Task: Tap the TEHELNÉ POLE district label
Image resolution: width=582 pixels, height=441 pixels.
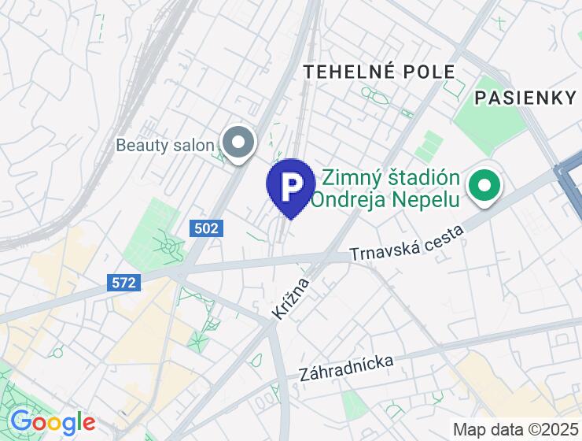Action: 380,72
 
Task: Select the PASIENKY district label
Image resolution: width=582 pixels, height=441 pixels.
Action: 525,98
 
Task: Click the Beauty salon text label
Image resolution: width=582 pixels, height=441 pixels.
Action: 164,145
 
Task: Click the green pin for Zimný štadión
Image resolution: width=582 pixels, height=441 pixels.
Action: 485,187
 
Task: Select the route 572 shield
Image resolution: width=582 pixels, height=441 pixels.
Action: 123,282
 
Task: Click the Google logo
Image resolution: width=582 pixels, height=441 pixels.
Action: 52,423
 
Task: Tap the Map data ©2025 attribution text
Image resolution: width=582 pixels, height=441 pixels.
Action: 515,430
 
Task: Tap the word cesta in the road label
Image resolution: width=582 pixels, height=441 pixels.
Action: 444,237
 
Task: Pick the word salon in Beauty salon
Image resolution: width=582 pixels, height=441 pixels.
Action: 194,145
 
